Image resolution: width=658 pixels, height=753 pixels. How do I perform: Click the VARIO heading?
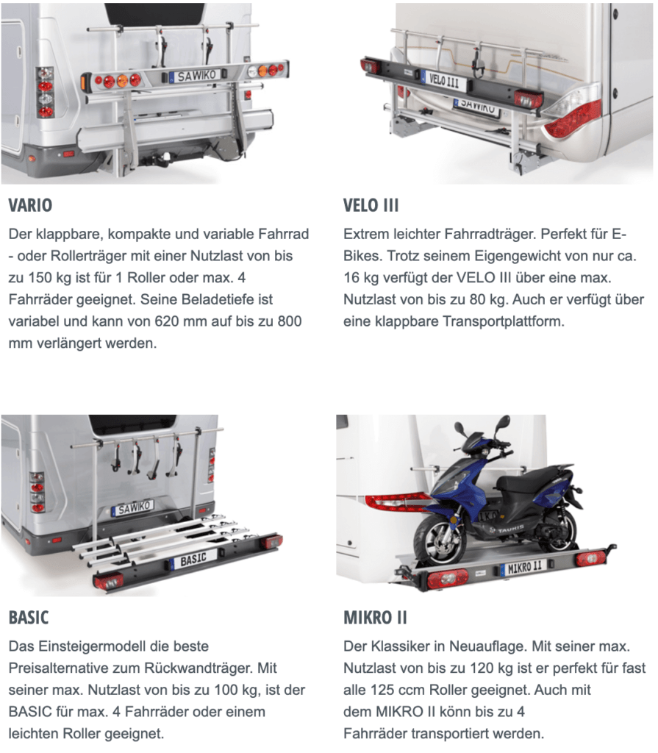pos(30,205)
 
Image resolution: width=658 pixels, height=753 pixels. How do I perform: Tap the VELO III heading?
pos(371,205)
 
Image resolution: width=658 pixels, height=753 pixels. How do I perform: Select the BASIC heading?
pos(29,617)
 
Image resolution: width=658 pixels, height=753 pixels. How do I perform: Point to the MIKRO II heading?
pos(375,617)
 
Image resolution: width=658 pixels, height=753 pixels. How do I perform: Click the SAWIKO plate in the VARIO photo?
pos(197,76)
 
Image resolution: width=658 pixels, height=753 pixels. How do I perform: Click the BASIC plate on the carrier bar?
pos(193,559)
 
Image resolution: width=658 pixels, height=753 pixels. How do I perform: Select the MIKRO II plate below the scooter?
pos(524,567)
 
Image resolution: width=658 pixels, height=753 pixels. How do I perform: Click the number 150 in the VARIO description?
pos(41,277)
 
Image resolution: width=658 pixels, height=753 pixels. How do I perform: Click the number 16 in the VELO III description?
pos(351,277)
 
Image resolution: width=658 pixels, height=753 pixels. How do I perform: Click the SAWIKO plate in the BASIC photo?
pos(133,507)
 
